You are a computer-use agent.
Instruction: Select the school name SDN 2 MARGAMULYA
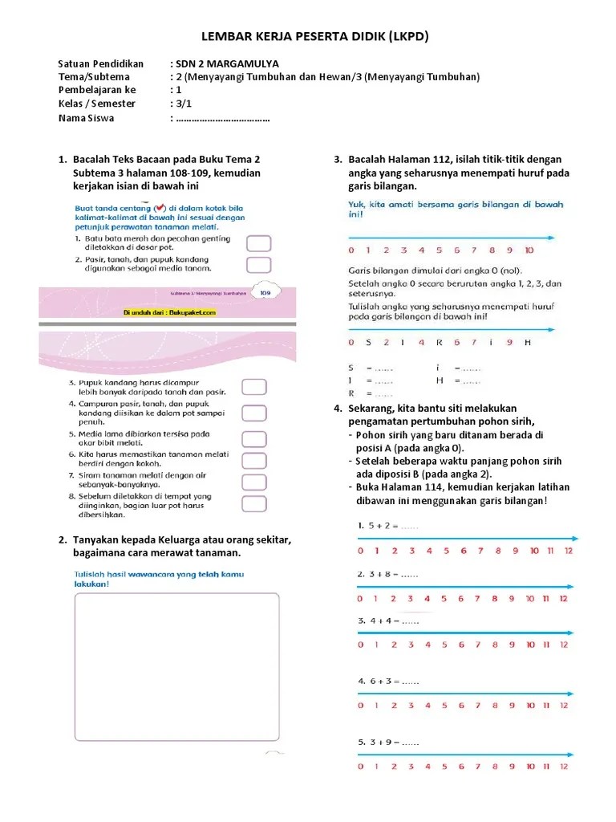(x=228, y=64)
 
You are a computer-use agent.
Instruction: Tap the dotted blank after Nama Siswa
(x=222, y=119)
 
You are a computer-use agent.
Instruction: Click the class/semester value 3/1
(x=182, y=104)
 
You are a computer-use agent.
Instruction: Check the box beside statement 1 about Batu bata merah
(x=257, y=243)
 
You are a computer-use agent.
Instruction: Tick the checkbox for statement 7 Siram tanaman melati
(x=254, y=481)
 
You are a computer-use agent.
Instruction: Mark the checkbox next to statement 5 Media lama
(x=254, y=438)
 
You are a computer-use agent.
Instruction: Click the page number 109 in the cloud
(x=265, y=294)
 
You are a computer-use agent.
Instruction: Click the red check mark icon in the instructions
(x=160, y=206)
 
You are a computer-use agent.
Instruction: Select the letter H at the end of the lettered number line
(x=528, y=343)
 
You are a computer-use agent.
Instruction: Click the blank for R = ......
(x=383, y=394)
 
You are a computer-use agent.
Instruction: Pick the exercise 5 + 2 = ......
(x=388, y=527)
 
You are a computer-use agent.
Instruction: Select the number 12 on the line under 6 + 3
(x=564, y=705)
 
